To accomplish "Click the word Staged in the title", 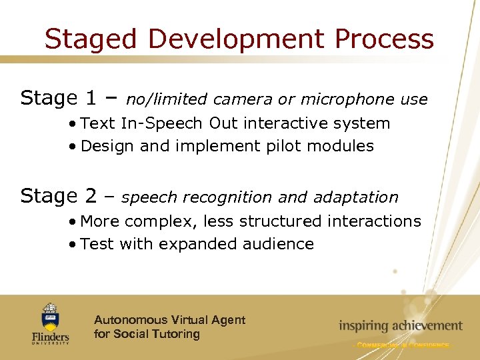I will point(92,39).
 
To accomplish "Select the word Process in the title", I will point(384,39).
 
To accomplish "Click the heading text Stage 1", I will point(59,99).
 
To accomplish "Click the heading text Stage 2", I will point(59,196).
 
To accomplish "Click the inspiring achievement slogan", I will point(400,326).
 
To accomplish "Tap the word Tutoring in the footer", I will point(175,334).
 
